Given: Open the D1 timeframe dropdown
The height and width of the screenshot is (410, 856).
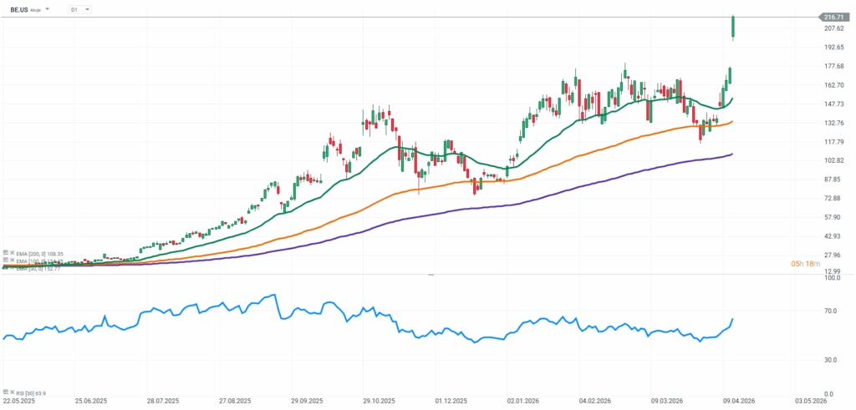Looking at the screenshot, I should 79,9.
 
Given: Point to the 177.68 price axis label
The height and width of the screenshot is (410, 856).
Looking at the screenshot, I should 834,66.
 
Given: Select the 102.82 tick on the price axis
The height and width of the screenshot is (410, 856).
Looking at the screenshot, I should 834,160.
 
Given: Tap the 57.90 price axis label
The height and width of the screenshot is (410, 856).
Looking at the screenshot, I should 833,217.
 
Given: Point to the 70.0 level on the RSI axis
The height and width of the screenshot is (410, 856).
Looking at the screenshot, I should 831,311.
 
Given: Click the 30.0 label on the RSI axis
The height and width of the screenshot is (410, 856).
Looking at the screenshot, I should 831,360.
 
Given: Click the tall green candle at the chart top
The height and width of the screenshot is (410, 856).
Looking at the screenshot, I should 733,28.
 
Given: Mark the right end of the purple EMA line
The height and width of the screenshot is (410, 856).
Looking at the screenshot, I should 732,154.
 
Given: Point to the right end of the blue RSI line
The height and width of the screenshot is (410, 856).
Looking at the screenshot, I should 733,319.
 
